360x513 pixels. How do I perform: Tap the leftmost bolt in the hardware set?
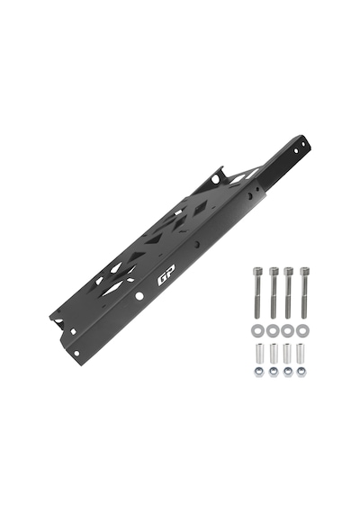tap(257, 292)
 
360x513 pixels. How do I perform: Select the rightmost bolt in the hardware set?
tap(305, 292)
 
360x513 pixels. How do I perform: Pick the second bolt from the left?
tap(274, 292)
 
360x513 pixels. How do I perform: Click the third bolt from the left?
tap(288, 292)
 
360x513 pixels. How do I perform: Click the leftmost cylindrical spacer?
tap(258, 353)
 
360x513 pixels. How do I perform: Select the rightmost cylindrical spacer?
tap(301, 353)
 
